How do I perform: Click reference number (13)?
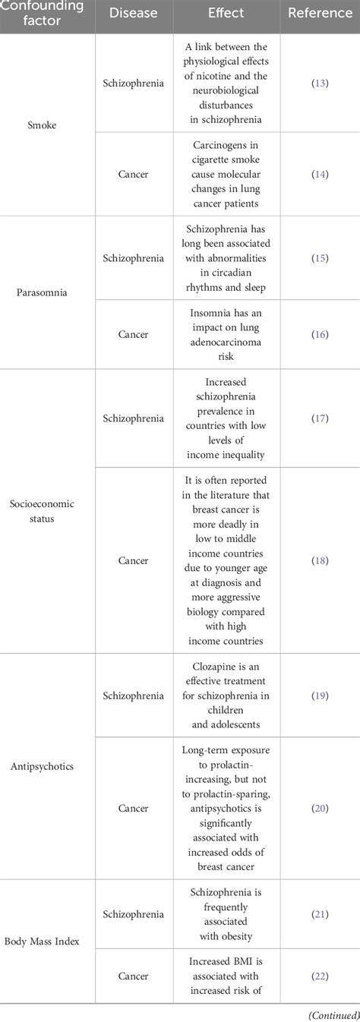(320, 83)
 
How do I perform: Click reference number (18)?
(320, 560)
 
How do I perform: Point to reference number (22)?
(320, 976)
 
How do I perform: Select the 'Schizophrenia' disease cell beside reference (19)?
(133, 695)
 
